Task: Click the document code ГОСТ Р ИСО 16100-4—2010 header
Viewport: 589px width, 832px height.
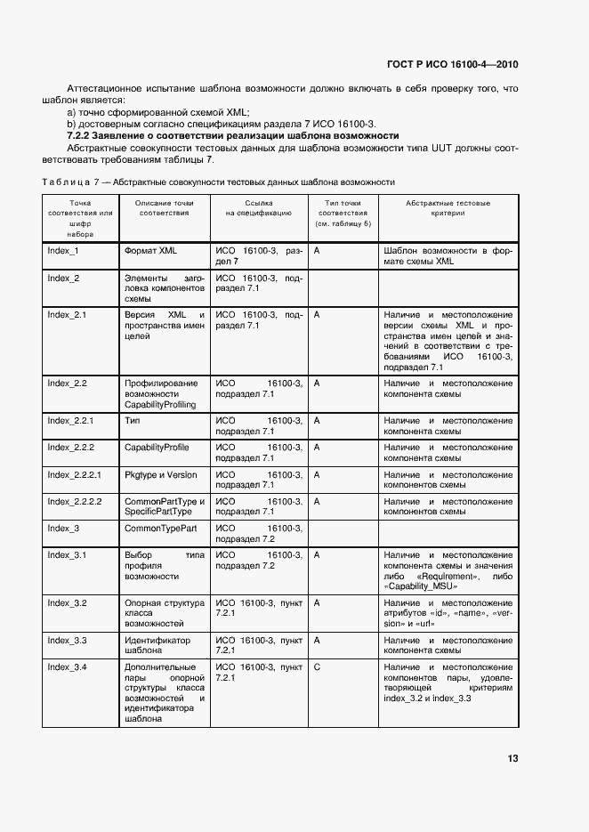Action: pos(452,65)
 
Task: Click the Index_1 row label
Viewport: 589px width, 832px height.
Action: pos(63,251)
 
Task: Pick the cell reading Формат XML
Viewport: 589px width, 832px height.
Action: pos(150,251)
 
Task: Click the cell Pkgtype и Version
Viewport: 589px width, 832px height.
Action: pos(161,475)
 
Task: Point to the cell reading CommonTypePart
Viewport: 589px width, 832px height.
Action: pos(161,529)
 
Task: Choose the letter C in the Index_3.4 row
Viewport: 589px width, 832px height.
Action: pos(318,666)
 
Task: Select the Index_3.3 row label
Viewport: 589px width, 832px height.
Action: pos(67,640)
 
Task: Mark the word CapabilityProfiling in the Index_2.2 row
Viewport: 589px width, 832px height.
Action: pos(160,404)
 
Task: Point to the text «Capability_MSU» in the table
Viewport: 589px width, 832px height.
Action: pos(420,587)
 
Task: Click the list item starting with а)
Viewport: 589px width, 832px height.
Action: pos(159,112)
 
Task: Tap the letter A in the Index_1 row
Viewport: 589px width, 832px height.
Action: pos(318,251)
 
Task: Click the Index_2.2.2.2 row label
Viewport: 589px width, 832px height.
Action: pos(75,502)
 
